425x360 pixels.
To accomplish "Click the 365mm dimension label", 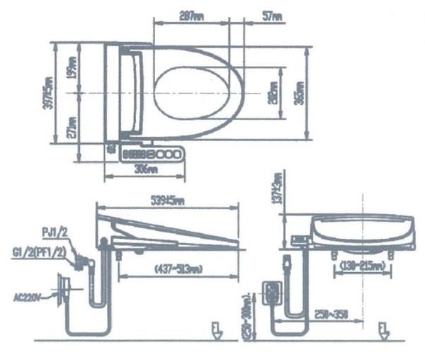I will point(300,93).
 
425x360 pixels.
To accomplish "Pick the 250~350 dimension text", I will point(332,313).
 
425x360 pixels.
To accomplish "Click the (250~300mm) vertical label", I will point(246,312).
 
